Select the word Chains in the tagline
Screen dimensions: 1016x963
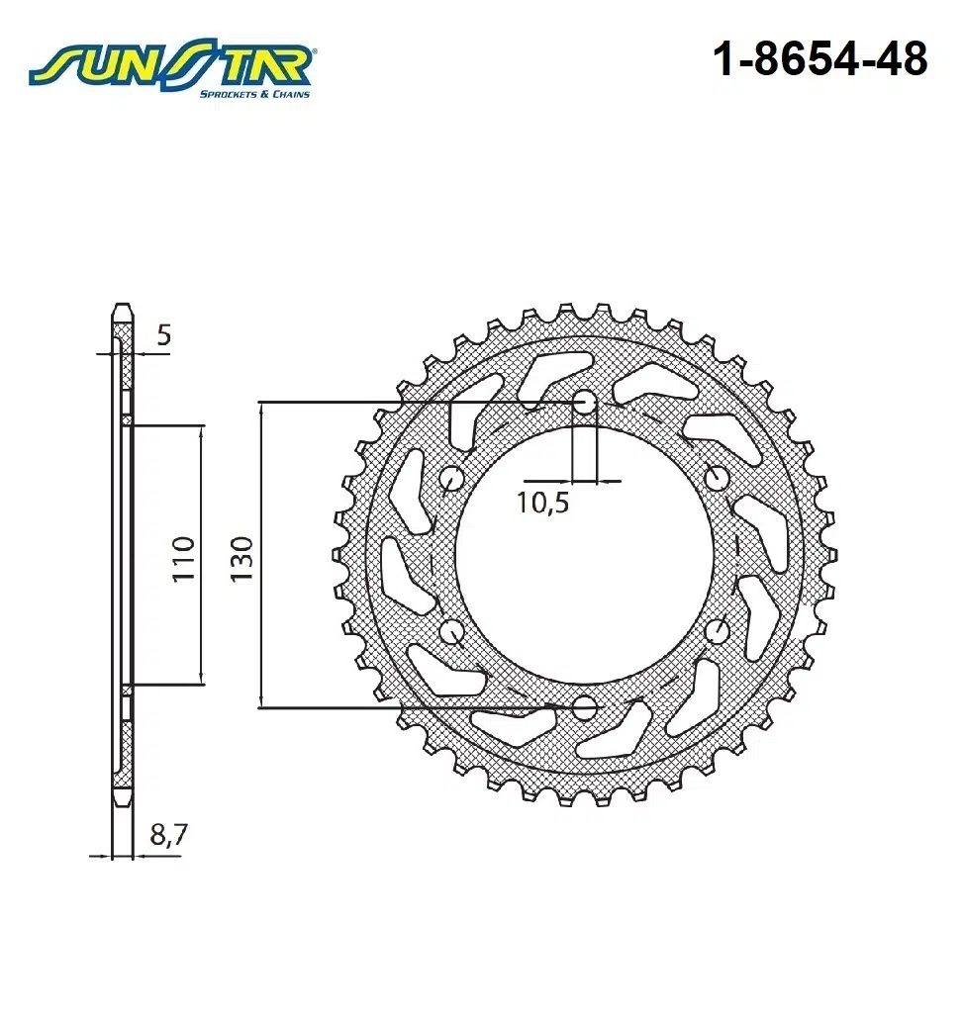[292, 94]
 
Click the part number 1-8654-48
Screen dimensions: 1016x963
[820, 60]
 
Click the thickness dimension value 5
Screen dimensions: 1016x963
[163, 335]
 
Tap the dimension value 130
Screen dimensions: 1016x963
[242, 558]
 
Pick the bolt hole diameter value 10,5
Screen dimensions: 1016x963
[543, 503]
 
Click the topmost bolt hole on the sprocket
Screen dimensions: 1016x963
[585, 403]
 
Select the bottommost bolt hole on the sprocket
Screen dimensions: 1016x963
[585, 707]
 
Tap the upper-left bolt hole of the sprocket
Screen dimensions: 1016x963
[453, 480]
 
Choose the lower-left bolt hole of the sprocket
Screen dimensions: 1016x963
[453, 631]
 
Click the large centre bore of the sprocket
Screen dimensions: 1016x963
[585, 555]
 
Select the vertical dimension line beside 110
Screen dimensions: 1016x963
[202, 555]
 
